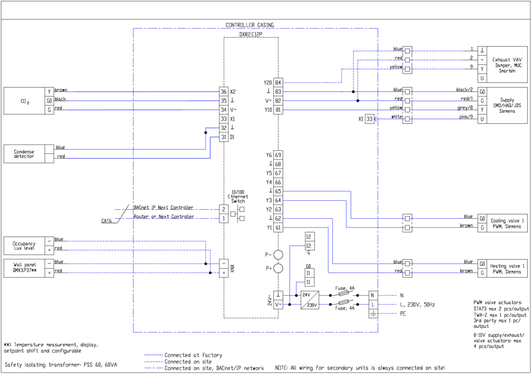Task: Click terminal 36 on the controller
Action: [224, 92]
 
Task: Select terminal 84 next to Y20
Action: [278, 82]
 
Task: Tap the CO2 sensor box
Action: [24, 101]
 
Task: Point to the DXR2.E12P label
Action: [250, 35]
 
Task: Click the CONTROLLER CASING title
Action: [249, 25]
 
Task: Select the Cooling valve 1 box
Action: [507, 223]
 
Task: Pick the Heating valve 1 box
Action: [507, 268]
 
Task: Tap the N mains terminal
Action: [373, 295]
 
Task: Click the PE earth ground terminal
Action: [373, 314]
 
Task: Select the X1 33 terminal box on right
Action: [370, 119]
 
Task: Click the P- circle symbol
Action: [278, 255]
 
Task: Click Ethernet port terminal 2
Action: [224, 209]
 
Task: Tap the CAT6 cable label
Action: [107, 221]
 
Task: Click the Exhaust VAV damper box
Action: [507, 63]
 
